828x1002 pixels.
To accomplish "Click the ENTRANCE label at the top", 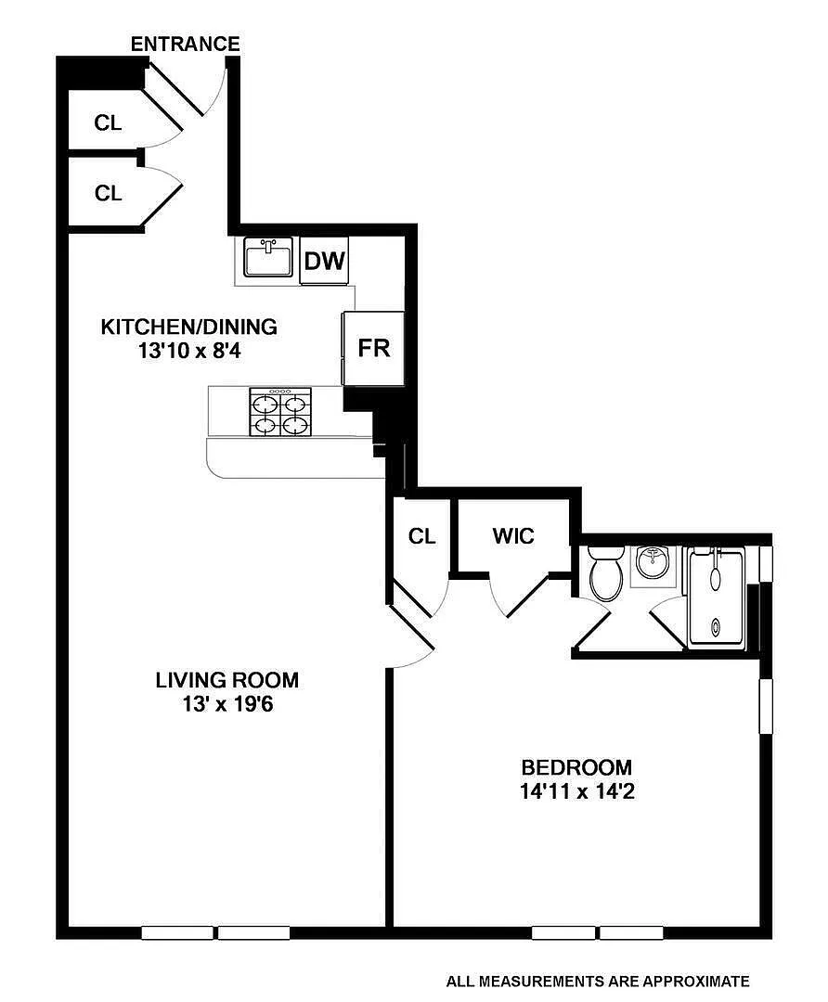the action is [x=186, y=45].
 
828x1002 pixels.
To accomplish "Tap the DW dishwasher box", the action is [x=324, y=261].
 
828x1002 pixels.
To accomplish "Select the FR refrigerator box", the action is [x=373, y=348].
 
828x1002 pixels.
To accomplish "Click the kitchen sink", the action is [x=268, y=256].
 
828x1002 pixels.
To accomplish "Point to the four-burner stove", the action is [x=280, y=412].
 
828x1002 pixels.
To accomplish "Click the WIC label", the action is [x=513, y=535].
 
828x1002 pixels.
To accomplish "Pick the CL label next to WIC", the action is [x=422, y=536].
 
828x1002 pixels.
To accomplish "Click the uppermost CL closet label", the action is [x=108, y=122].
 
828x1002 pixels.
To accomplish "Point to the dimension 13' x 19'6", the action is [x=227, y=704].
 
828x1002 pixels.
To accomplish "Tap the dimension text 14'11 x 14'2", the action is [x=577, y=791].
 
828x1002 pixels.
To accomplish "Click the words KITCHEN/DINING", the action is [x=189, y=327].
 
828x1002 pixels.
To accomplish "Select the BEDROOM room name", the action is [x=576, y=767].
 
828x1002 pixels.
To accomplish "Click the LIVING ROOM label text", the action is [x=227, y=679].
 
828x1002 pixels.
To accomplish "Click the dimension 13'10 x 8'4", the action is [x=189, y=351].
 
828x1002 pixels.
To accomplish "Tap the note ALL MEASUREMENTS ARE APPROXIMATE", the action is [x=597, y=981].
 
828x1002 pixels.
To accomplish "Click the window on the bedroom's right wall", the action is [x=766, y=706].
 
